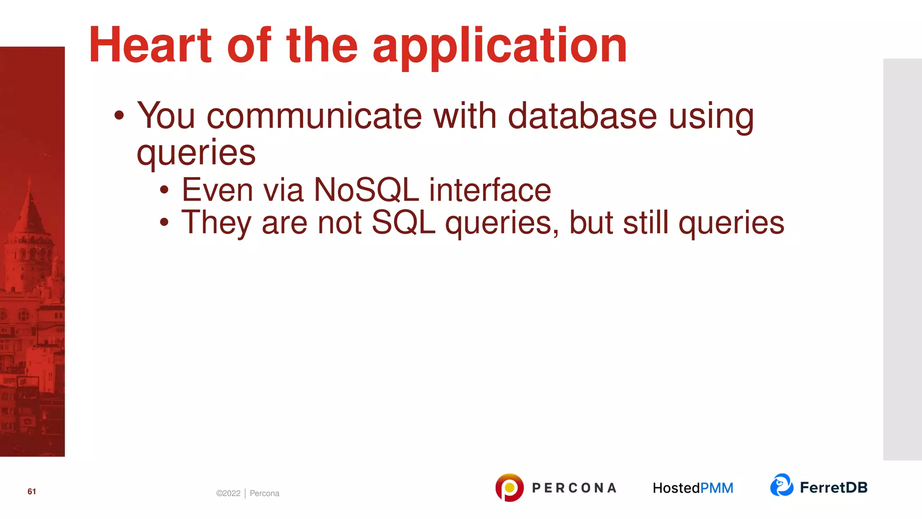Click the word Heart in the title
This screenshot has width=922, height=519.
150,45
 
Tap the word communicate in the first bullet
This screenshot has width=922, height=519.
314,116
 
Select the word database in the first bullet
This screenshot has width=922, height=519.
582,116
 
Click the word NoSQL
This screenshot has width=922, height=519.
366,190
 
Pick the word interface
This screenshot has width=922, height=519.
490,190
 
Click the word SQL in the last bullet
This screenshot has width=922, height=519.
403,223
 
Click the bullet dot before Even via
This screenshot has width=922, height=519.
164,190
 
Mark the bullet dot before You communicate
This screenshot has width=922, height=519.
119,115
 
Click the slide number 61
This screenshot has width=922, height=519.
32,492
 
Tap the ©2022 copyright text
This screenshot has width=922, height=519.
228,493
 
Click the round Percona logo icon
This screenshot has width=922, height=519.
509,487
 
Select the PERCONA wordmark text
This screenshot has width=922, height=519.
574,488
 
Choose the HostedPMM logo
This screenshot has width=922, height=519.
693,488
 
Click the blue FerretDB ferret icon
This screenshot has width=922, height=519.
782,485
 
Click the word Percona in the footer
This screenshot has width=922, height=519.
264,493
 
